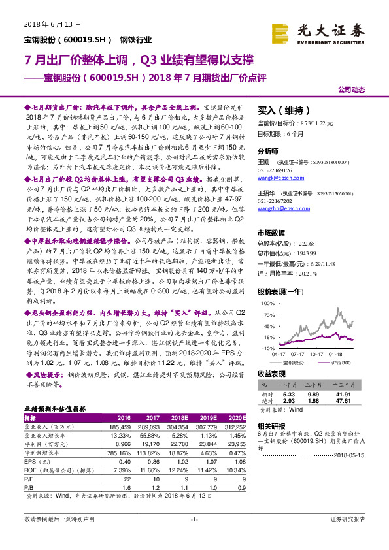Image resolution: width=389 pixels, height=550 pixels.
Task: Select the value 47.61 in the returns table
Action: pos(345,402)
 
